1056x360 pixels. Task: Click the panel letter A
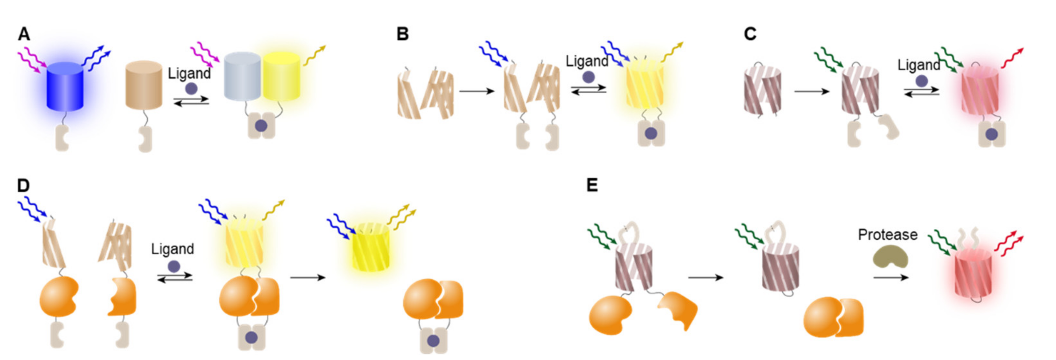[24, 34]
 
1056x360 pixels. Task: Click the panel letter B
[403, 34]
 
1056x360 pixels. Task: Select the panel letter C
[750, 34]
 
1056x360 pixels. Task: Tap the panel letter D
[23, 186]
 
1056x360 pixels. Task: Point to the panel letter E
[592, 186]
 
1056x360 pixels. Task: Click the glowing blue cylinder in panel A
[65, 86]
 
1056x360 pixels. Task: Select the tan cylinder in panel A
[144, 85]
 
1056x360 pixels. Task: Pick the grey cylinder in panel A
[242, 76]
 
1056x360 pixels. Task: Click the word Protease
[888, 235]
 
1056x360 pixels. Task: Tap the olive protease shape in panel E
[890, 257]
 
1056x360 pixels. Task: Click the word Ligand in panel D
[172, 249]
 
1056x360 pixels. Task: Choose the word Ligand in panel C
[919, 65]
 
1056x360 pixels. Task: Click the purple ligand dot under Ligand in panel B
[588, 77]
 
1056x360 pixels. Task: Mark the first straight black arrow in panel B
[477, 91]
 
